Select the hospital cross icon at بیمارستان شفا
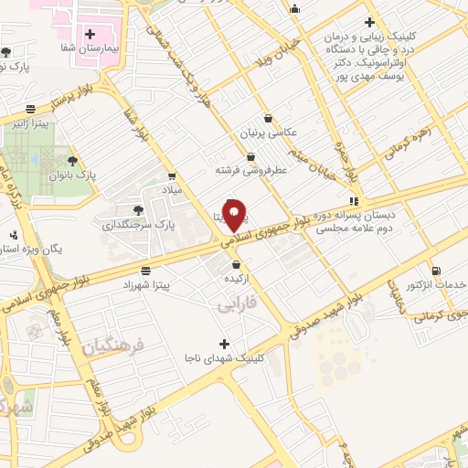[90, 34]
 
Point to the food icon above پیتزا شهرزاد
[145, 270]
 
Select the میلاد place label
[173, 190]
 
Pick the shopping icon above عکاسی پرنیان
[267, 118]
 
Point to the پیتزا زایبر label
[31, 122]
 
